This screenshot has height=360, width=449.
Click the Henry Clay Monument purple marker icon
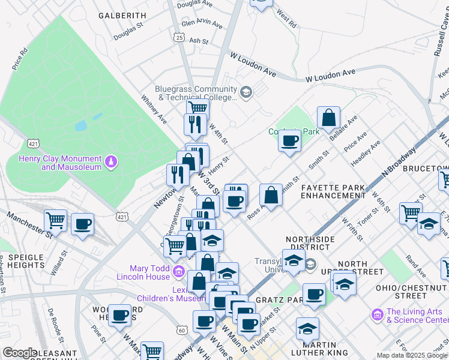click(x=110, y=161)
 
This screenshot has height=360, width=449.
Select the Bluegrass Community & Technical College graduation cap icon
click(x=246, y=92)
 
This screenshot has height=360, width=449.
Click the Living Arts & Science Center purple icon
click(x=377, y=314)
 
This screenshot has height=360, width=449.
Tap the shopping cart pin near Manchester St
click(x=55, y=220)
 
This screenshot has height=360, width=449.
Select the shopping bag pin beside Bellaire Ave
click(x=328, y=118)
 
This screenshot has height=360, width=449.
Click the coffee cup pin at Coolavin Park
click(x=289, y=141)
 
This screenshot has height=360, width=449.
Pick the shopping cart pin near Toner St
click(x=411, y=212)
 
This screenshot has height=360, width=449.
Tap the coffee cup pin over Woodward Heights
click(x=120, y=314)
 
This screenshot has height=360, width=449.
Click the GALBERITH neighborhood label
click(x=122, y=15)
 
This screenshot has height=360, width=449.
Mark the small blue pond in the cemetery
click(x=80, y=127)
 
